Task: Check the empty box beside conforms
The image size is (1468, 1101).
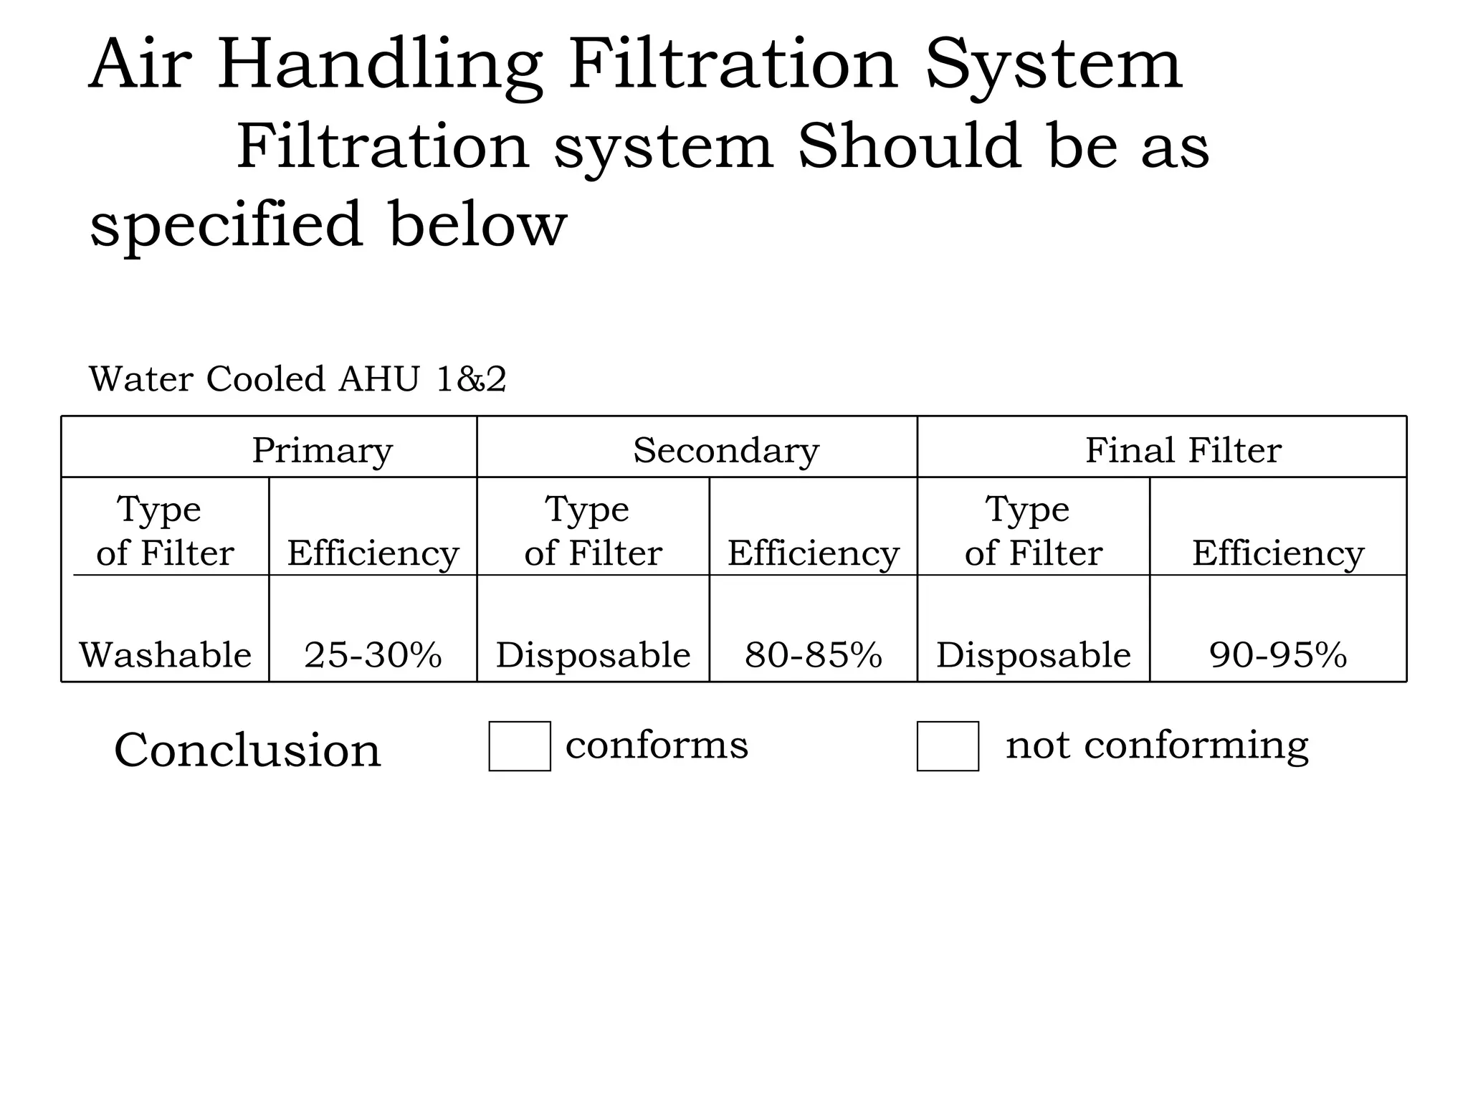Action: (x=520, y=746)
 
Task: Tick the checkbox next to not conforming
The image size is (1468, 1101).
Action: (x=948, y=746)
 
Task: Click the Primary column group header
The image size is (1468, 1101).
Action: (x=323, y=450)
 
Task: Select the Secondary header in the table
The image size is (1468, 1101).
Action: (x=725, y=450)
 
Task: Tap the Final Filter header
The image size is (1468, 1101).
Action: (x=1183, y=450)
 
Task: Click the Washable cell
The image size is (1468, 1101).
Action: (x=165, y=655)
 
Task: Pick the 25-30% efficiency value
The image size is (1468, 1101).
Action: (x=373, y=655)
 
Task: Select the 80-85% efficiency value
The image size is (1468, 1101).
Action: (x=813, y=655)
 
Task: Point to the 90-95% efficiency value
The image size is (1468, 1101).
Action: (x=1278, y=655)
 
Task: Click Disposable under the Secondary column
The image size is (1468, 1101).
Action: (x=593, y=655)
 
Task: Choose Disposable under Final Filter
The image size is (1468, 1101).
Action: (x=1033, y=655)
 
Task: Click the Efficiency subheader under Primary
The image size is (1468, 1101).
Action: (x=373, y=553)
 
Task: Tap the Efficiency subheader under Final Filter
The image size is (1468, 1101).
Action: (x=1278, y=553)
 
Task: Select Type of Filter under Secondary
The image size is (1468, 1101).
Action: (x=593, y=531)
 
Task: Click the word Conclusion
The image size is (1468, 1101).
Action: (x=247, y=750)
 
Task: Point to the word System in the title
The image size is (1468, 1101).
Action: (x=1053, y=66)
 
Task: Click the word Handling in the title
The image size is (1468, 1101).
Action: (x=379, y=66)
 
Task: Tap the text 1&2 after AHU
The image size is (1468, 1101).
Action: (x=471, y=379)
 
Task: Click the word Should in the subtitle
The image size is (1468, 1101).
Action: (x=909, y=146)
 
